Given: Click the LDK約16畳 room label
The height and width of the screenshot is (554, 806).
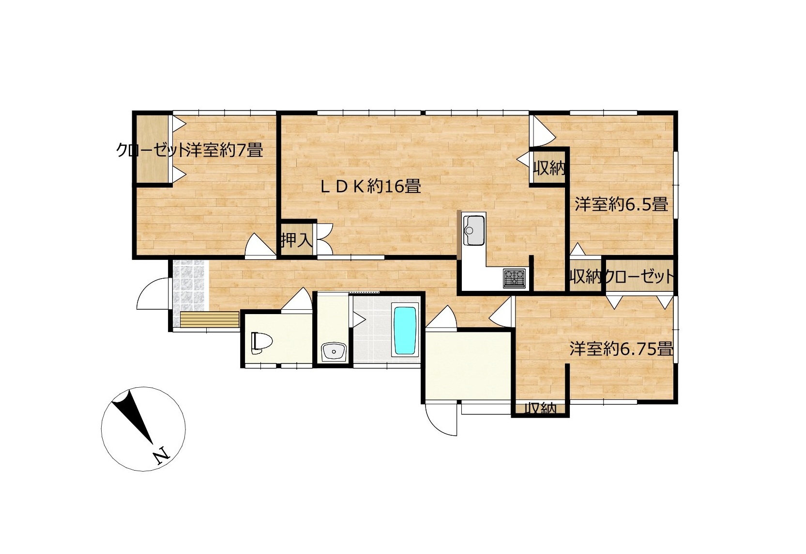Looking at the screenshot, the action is (371, 187).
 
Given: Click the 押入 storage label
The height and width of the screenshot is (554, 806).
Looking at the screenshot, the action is (296, 240).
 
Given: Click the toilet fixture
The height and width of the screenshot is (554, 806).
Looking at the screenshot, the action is (261, 343).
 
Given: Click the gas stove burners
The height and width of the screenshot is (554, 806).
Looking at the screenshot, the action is (514, 278).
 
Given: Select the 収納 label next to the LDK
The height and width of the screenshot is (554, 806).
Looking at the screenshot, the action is (548, 168).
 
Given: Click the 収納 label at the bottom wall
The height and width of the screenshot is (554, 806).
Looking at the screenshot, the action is (540, 408).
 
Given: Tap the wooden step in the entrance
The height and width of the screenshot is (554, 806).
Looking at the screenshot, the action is (210, 319).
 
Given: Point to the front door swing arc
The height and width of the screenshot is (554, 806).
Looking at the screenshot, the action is (149, 294).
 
